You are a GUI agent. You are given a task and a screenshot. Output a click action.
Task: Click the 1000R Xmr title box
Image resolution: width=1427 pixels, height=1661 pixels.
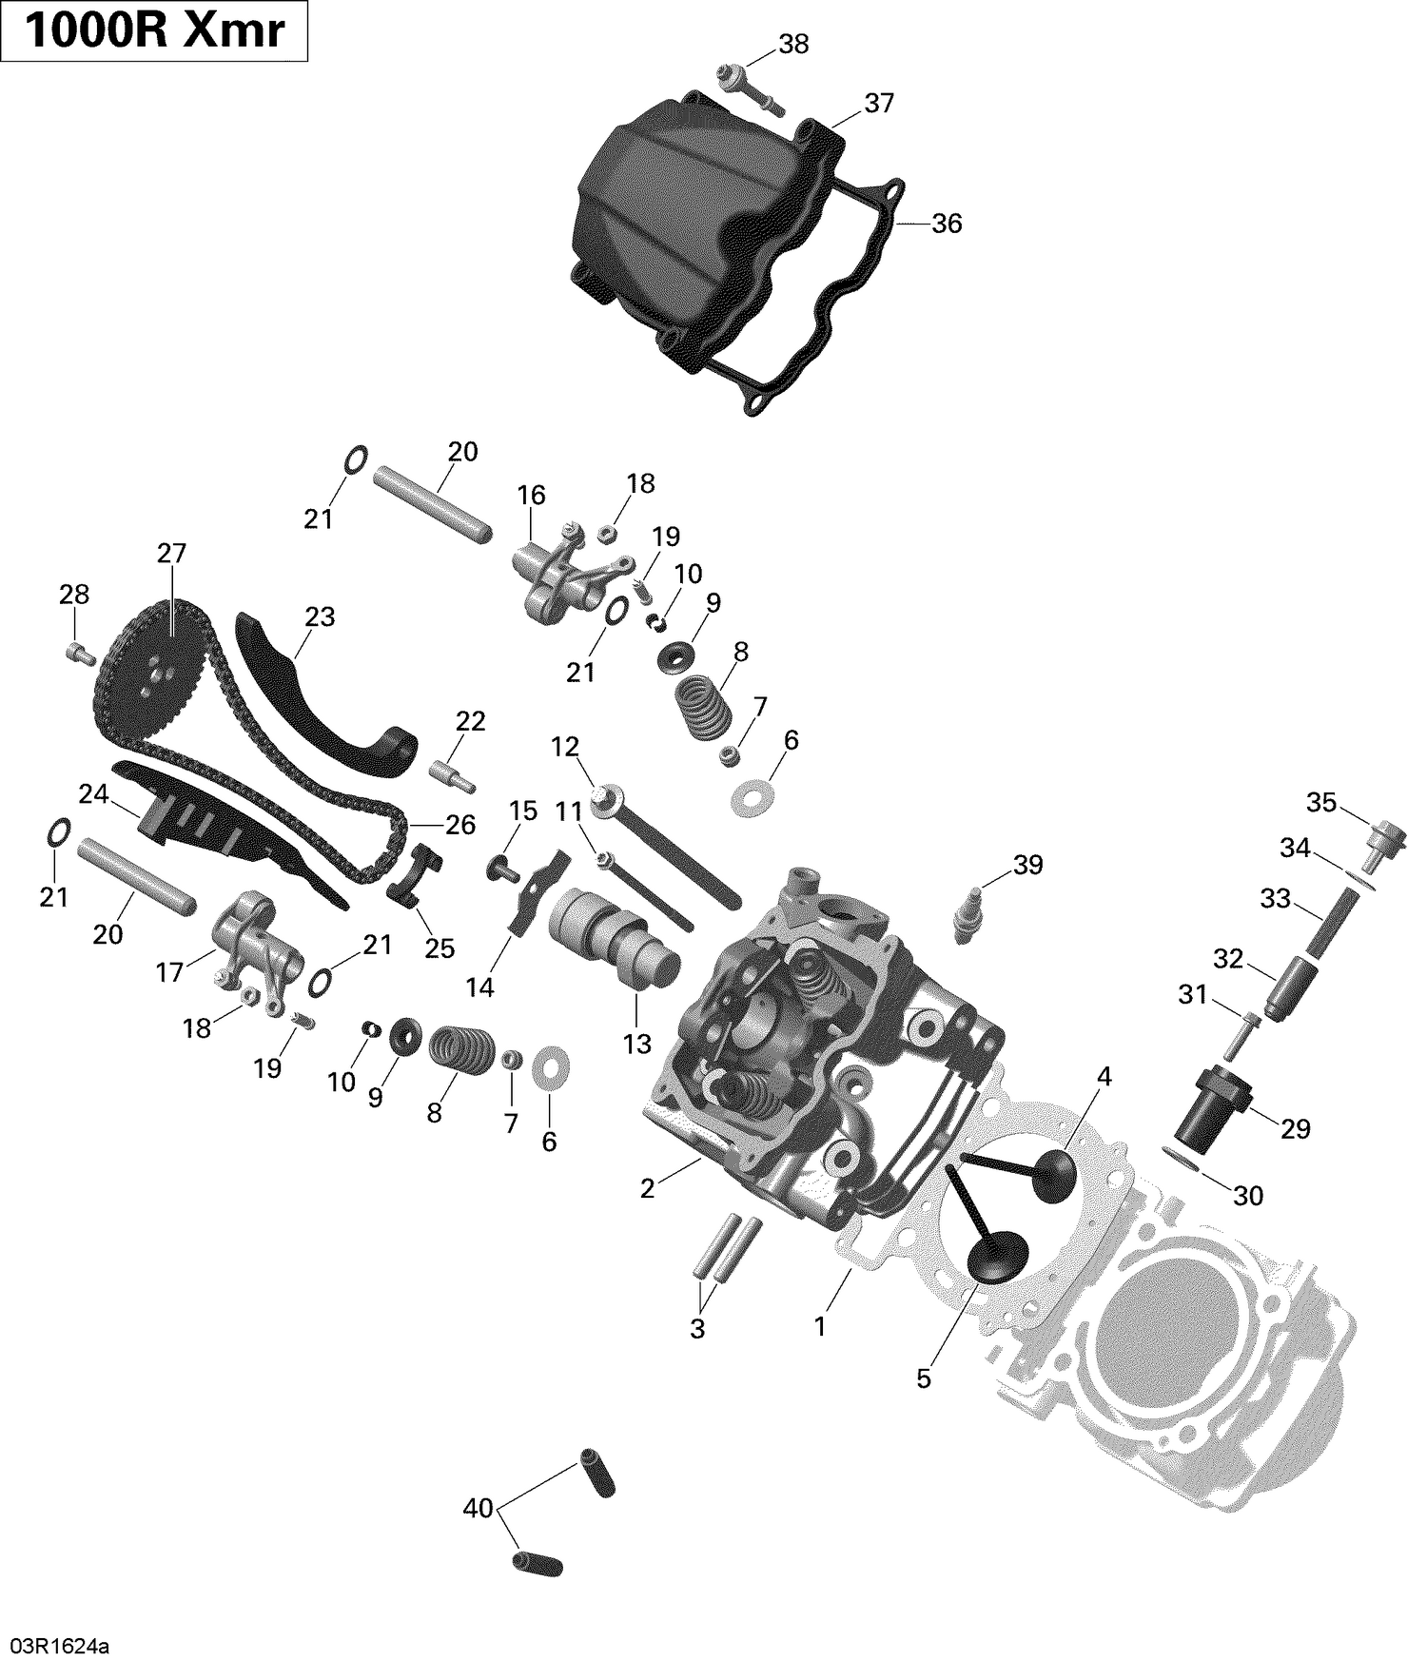[x=154, y=31]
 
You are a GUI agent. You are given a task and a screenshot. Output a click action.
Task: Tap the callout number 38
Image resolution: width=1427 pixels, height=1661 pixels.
[x=793, y=44]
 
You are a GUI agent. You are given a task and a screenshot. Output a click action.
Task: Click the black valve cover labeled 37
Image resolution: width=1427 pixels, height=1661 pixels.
[x=685, y=219]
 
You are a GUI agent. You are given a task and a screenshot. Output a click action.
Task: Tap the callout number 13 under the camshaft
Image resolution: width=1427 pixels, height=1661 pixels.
[x=636, y=1044]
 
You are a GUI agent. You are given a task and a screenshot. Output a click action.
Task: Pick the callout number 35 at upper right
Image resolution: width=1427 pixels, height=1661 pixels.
[x=1320, y=802]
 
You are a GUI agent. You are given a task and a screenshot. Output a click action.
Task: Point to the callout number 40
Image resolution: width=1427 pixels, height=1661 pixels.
[x=479, y=1508]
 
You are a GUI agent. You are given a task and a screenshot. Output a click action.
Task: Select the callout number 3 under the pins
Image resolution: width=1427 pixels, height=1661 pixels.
[x=697, y=1329]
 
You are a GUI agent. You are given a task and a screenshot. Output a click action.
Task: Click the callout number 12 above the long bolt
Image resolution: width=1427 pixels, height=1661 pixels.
[x=565, y=747]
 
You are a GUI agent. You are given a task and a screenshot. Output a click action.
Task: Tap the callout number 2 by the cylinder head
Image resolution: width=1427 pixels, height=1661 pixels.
[x=647, y=1188]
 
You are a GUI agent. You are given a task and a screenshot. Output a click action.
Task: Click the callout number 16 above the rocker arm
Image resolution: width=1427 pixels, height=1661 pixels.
[x=531, y=495]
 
